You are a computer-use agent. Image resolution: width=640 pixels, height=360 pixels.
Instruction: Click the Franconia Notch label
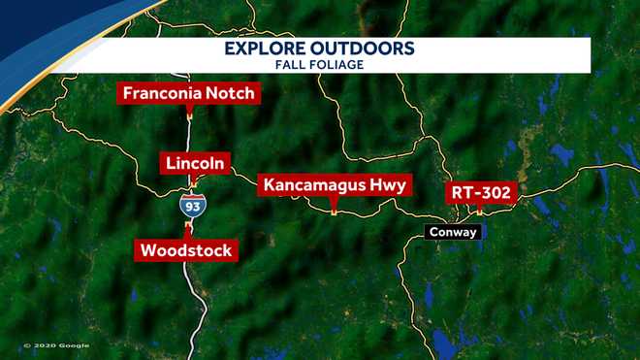point(188,94)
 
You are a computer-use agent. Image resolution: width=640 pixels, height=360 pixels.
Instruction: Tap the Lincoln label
point(195,163)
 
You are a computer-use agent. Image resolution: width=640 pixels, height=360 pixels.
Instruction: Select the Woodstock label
point(186,250)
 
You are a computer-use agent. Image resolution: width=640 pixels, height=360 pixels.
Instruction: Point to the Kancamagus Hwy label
point(335,184)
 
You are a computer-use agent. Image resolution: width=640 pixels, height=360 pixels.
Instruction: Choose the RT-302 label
point(479,192)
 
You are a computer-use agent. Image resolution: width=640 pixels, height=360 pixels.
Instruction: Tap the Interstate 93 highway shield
point(191,206)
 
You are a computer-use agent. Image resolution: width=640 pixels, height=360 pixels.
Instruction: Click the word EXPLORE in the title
point(268,49)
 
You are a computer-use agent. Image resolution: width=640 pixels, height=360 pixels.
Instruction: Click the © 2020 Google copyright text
point(56,345)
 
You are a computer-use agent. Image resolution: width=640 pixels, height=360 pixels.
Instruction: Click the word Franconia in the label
point(162,94)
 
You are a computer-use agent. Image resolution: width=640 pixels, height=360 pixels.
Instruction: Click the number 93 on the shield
point(191,208)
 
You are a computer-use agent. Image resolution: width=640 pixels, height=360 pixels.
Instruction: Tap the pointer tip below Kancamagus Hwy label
point(335,210)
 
